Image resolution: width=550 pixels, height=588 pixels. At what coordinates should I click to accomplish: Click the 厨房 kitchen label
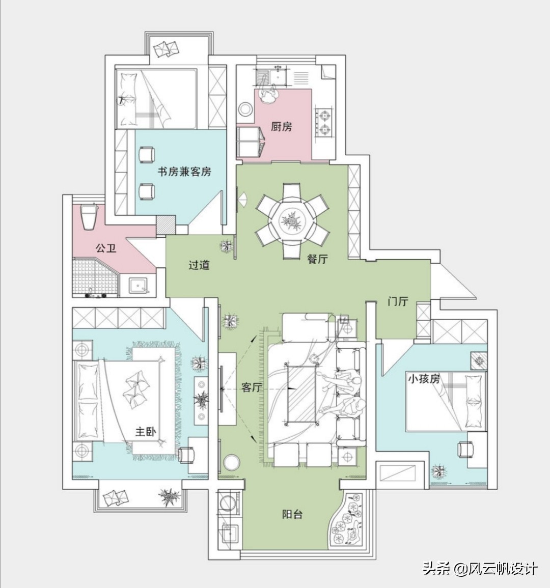click(x=281, y=126)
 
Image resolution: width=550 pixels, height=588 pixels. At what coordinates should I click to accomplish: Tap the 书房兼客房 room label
click(x=184, y=172)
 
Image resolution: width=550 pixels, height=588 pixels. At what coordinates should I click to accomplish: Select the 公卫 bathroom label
click(x=106, y=248)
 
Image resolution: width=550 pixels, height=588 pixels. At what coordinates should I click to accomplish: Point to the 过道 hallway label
click(x=199, y=265)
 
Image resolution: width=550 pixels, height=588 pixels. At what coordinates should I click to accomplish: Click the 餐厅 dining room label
click(x=317, y=259)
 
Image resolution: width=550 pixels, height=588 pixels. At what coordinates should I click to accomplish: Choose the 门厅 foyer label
click(x=398, y=301)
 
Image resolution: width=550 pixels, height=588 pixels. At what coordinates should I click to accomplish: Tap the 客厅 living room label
click(x=251, y=387)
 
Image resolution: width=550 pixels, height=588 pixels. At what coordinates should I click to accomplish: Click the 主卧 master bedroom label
click(x=146, y=432)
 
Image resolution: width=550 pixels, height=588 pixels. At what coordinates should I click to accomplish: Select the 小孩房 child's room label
click(x=423, y=379)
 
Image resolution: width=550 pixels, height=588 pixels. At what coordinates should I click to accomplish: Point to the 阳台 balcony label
click(x=292, y=514)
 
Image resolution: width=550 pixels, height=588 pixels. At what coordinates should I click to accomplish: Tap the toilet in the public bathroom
click(x=90, y=216)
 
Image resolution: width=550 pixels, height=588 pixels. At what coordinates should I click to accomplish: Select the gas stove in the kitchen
click(x=324, y=121)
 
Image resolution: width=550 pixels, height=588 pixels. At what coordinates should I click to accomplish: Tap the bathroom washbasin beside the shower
click(x=138, y=285)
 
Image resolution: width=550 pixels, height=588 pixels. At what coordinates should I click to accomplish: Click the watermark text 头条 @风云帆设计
click(x=480, y=568)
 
